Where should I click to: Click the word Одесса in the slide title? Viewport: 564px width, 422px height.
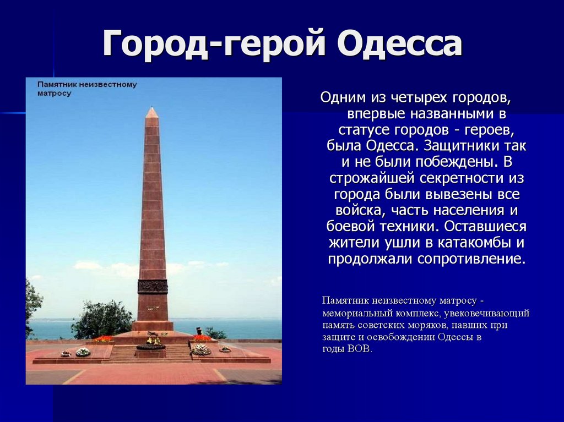click(x=399, y=43)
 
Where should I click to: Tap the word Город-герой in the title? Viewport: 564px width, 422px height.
click(x=214, y=43)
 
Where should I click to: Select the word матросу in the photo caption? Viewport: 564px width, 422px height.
click(x=55, y=94)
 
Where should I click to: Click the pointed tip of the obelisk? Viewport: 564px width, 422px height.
click(x=152, y=107)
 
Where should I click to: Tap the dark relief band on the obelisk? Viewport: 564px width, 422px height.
click(x=153, y=287)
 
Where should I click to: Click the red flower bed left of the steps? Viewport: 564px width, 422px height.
click(x=103, y=338)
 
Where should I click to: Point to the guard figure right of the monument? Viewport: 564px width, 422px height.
click(x=199, y=331)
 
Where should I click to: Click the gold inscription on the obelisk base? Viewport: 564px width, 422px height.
click(x=153, y=308)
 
